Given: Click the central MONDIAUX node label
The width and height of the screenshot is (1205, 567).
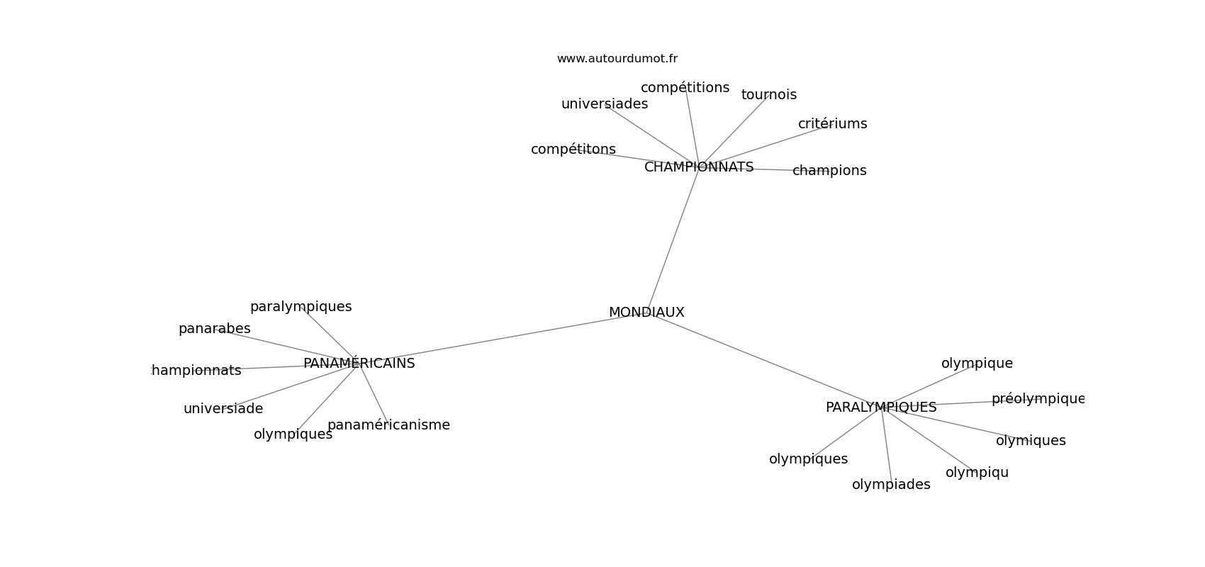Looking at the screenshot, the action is [x=646, y=313].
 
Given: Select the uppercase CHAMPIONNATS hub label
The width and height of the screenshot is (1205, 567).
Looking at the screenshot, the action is [x=699, y=167].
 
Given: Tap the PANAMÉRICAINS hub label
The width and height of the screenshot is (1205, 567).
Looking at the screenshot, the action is [x=359, y=363].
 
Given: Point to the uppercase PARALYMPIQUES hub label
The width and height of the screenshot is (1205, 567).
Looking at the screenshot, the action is [x=881, y=408].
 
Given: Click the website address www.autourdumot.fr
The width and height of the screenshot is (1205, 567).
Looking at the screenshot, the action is [x=617, y=59].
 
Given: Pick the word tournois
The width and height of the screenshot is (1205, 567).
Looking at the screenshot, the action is [x=769, y=95].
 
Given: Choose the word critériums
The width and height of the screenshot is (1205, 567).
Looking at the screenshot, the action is [x=832, y=124].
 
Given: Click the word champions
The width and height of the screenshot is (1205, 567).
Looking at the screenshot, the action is [x=829, y=171].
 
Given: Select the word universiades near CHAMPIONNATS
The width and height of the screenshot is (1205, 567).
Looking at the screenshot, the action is [x=605, y=103].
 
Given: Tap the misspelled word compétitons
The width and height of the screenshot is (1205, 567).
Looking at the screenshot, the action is [x=573, y=150].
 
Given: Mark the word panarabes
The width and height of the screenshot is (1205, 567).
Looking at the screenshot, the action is [x=215, y=329].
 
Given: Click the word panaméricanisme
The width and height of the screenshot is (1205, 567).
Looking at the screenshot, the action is [x=388, y=425].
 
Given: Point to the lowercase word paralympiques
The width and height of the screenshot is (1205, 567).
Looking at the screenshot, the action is [x=301, y=307].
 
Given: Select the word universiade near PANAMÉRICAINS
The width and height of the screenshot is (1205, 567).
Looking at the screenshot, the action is [x=223, y=409].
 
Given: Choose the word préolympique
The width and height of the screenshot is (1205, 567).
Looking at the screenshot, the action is [x=1038, y=399].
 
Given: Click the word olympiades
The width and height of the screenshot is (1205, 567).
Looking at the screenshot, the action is [x=891, y=485].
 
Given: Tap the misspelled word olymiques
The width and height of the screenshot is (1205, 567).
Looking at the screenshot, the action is [x=1031, y=441].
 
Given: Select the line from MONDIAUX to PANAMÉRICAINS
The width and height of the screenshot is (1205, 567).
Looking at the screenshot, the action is [x=503, y=338].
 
